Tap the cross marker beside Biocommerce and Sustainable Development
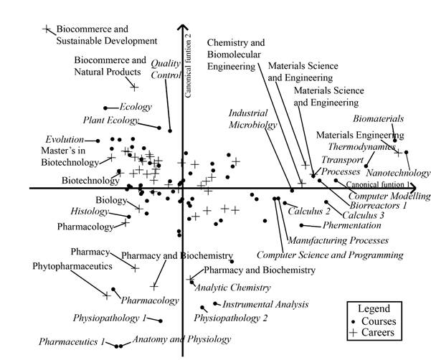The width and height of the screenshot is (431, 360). coord(47,29)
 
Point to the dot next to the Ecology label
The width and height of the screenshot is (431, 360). coord(105,108)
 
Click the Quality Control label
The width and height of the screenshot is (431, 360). coord(165,68)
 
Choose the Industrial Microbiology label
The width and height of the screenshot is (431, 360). coord(253,119)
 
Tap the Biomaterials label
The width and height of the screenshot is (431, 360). coord(379,118)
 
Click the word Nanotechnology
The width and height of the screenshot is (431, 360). coord(398,173)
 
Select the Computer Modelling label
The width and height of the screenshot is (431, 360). coord(389,196)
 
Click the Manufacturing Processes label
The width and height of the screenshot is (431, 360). coord(337,240)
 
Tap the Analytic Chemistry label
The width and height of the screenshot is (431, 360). coord(233,288)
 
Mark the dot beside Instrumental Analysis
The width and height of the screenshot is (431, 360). coord(215,304)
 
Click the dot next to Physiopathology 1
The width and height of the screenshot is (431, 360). coord(160,321)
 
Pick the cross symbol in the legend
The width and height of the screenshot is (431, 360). coord(352,333)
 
